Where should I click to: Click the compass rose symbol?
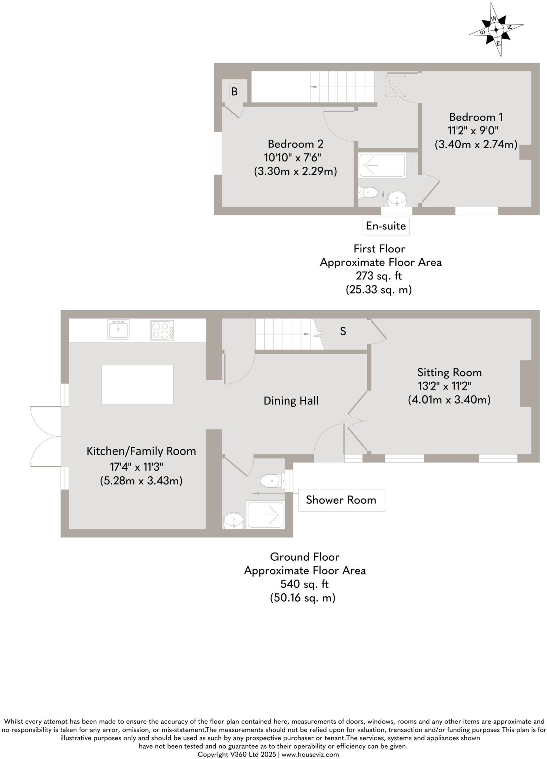tap(496, 30)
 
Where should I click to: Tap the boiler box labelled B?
tap(234, 91)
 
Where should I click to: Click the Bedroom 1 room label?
tap(476, 117)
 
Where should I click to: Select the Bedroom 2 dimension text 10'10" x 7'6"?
tap(292, 158)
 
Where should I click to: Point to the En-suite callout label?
tap(385, 226)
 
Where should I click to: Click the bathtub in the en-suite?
tap(382, 165)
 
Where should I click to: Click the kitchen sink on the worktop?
tap(118, 329)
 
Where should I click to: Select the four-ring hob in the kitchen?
tap(162, 330)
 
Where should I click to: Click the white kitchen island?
tap(137, 384)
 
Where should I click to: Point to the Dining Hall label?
tap(291, 401)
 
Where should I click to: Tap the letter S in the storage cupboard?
tap(343, 331)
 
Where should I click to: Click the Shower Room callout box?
tap(341, 500)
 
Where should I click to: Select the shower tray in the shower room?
tap(266, 515)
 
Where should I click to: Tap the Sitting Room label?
tap(449, 372)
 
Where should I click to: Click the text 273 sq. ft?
tap(379, 276)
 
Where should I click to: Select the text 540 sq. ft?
tap(305, 584)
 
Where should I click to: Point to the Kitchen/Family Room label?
tap(141, 451)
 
